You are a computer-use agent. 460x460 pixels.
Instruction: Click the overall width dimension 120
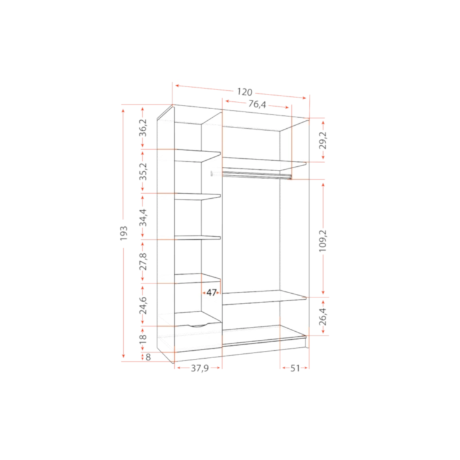(245, 92)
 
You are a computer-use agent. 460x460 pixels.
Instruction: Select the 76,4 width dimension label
(257, 104)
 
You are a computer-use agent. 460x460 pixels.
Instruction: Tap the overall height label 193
(124, 234)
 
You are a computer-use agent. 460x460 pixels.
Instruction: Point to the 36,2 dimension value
(143, 128)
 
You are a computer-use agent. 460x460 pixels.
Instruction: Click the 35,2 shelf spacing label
(143, 172)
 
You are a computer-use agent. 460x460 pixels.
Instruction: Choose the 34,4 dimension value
(143, 217)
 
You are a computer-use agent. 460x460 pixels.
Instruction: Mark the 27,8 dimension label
(143, 261)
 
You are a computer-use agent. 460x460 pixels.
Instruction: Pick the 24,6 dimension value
(143, 305)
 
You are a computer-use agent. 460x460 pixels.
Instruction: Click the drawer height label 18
(143, 339)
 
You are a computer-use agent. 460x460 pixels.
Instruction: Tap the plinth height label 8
(148, 357)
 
